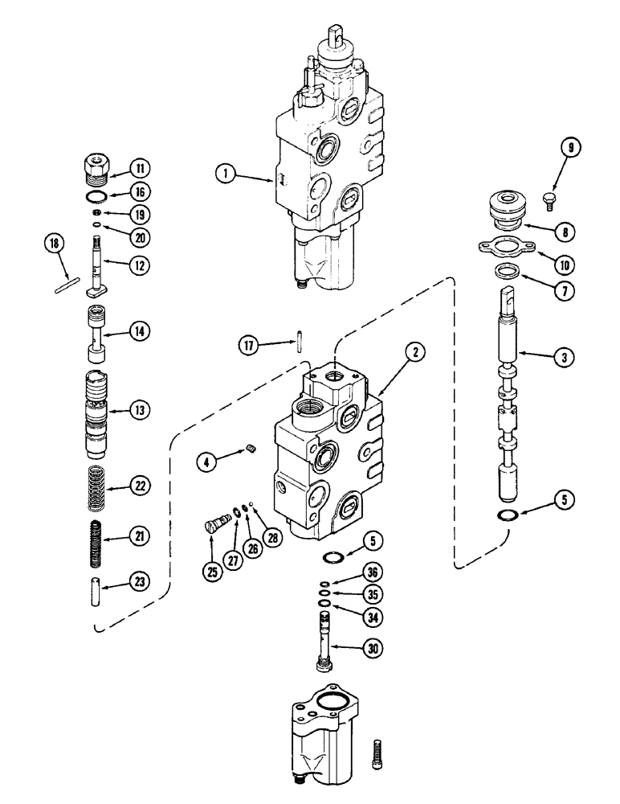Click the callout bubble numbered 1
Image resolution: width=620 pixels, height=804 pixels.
tap(224, 172)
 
